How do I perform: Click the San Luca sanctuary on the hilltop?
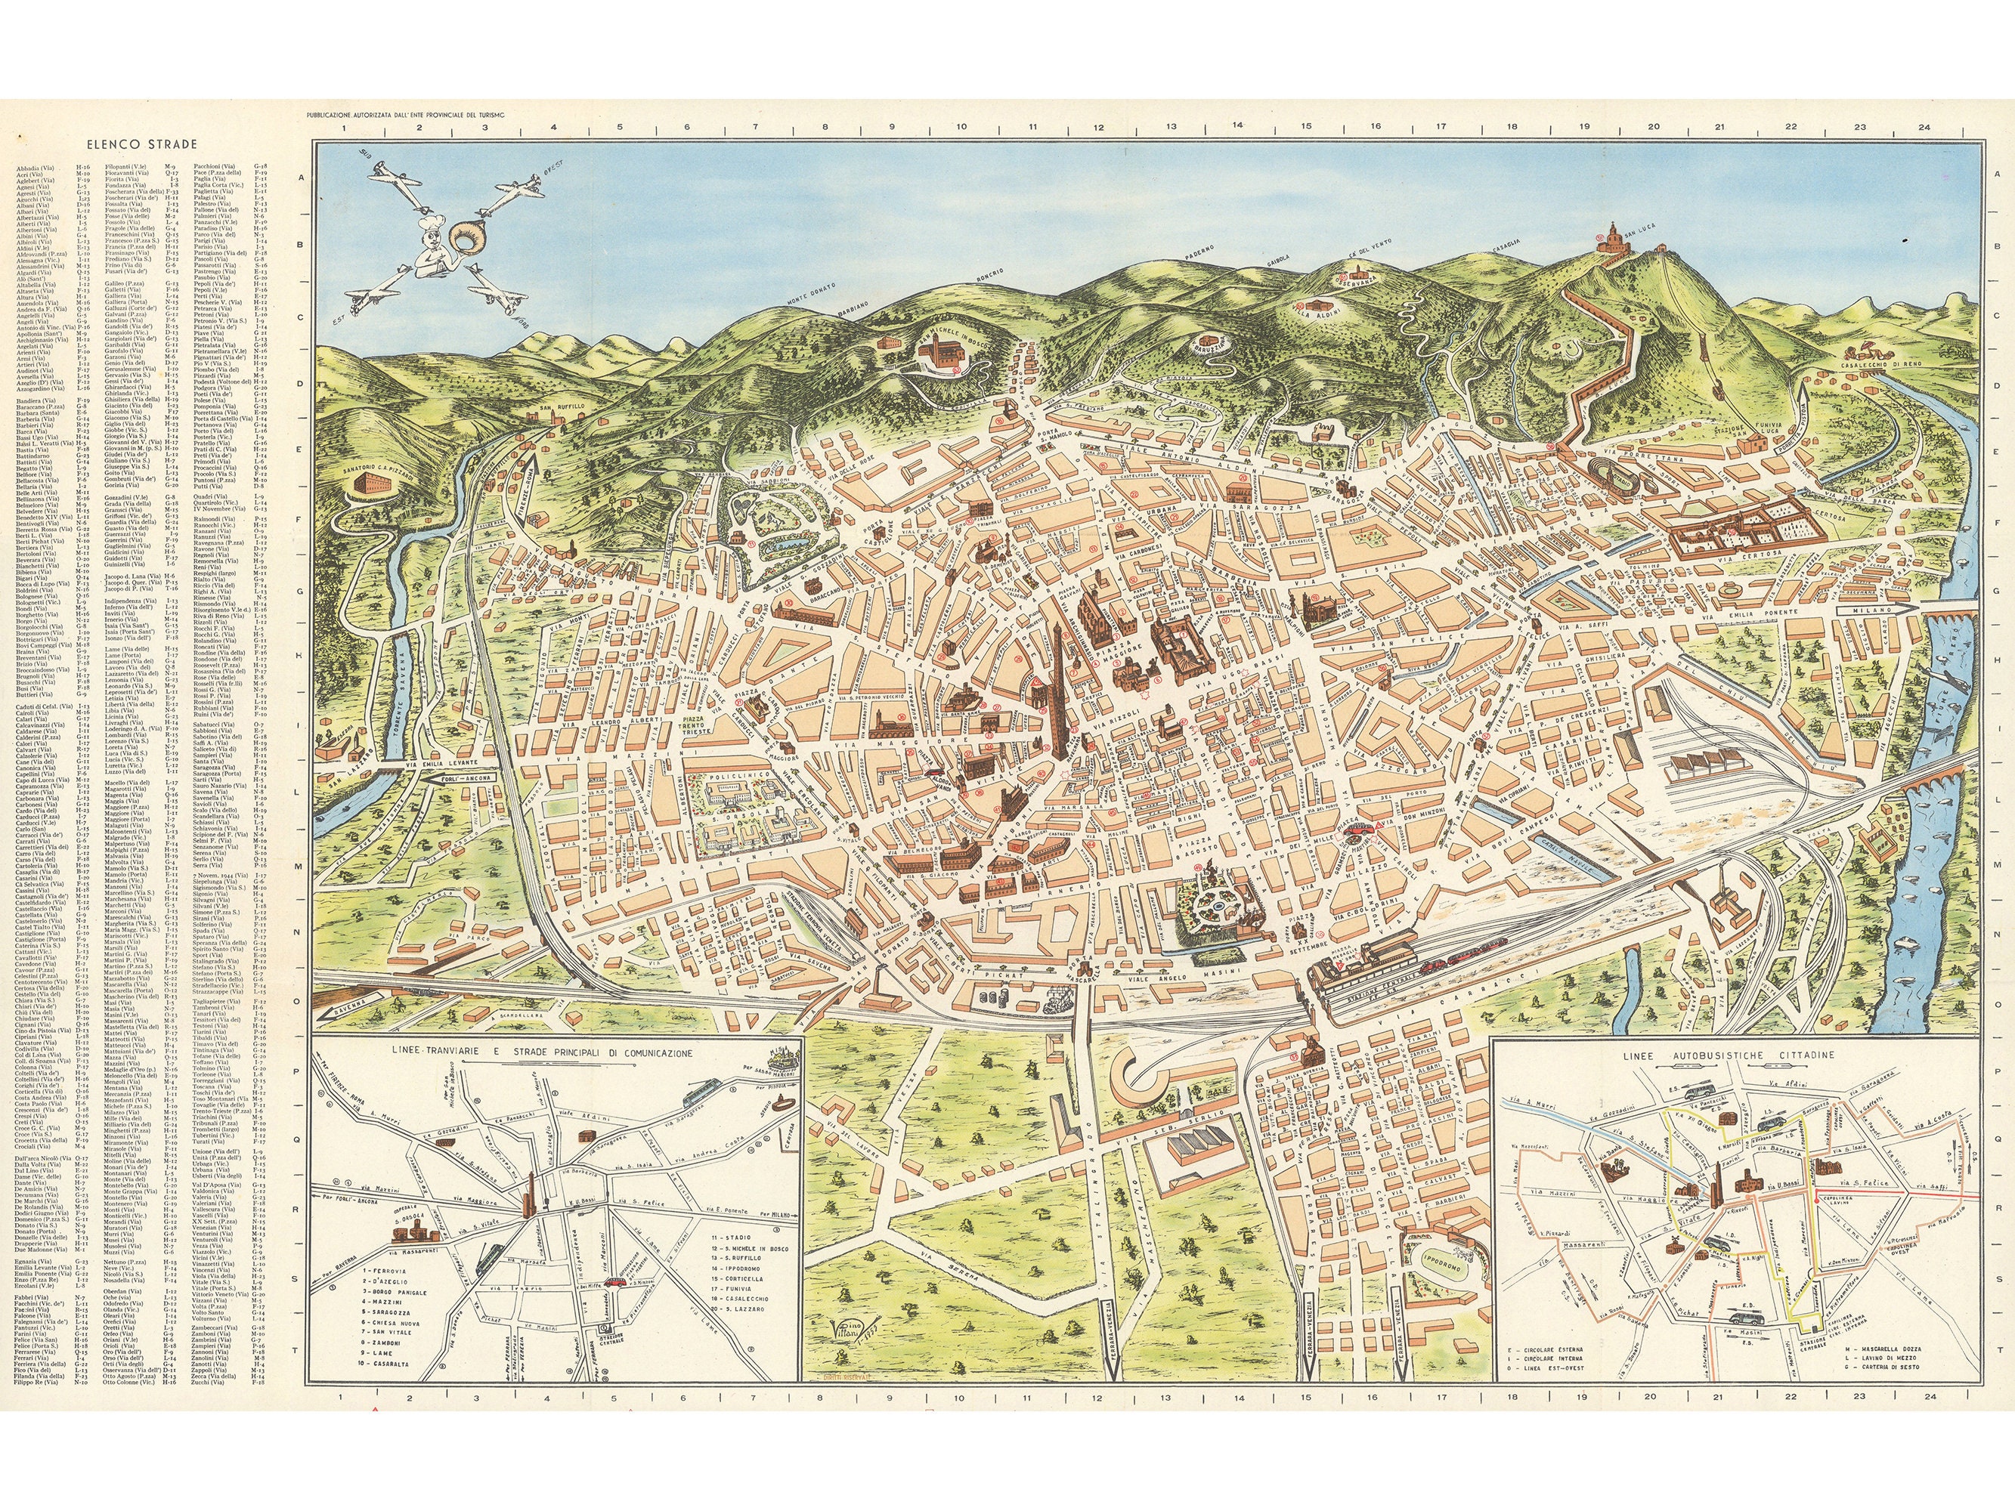click(1612, 240)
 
